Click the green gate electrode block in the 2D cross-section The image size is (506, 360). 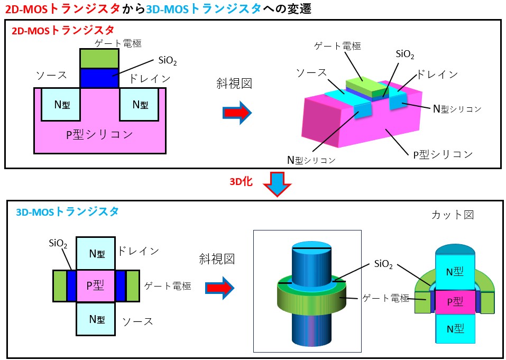[99, 58]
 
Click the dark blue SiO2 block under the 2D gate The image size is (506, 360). [99, 78]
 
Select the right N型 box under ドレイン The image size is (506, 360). [140, 104]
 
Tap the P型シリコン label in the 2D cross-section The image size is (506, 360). [99, 135]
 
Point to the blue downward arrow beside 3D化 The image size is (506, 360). [278, 183]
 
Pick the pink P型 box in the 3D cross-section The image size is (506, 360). [95, 285]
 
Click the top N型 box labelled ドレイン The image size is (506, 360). [95, 253]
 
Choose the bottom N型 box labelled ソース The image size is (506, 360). [95, 319]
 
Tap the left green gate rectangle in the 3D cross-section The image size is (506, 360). [60, 285]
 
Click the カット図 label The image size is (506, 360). [453, 215]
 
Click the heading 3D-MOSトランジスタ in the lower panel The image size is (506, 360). [67, 211]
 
